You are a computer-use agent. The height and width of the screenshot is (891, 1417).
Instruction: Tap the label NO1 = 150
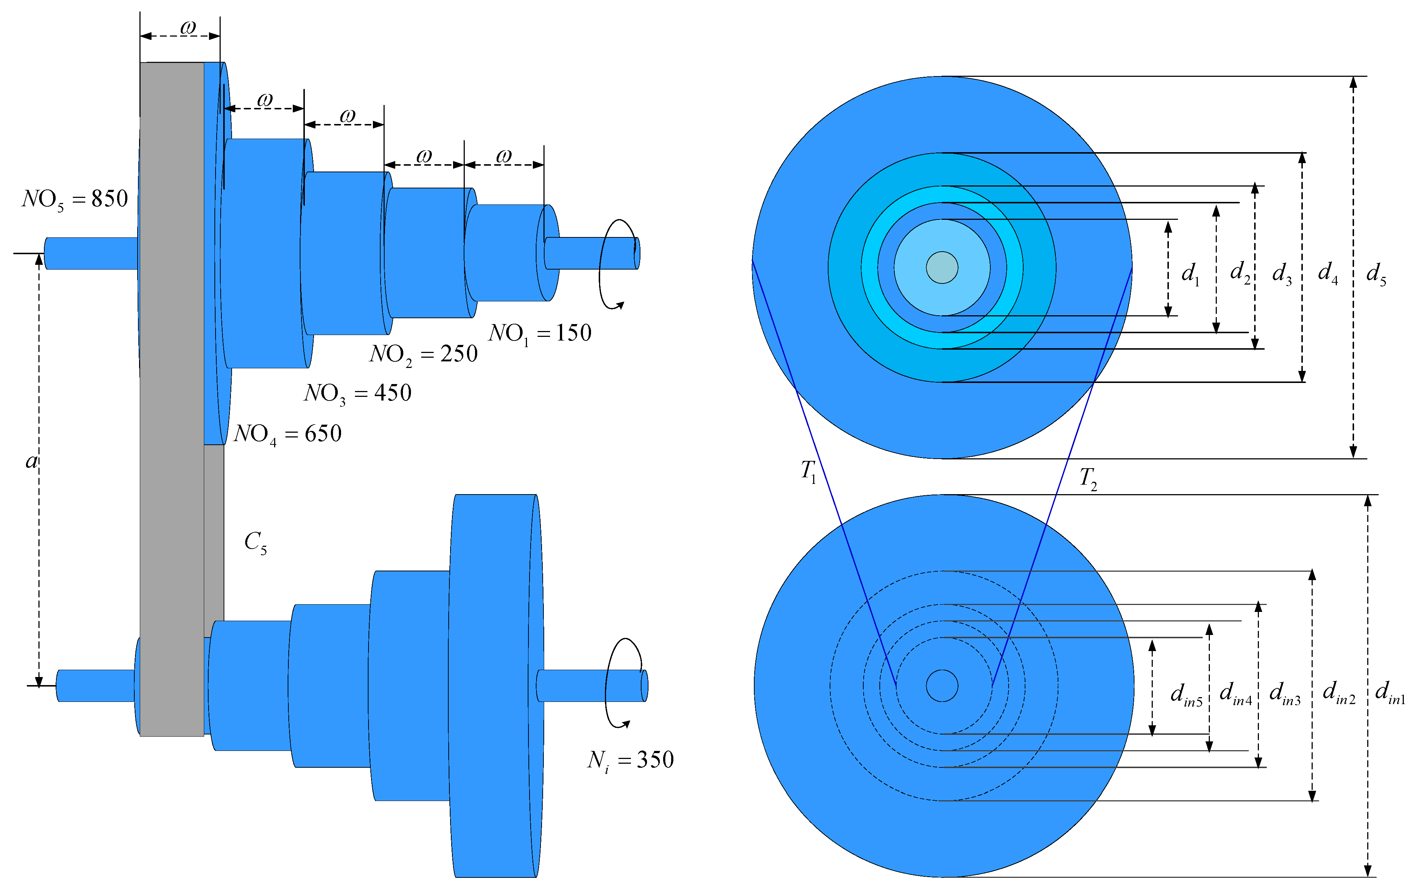(x=540, y=334)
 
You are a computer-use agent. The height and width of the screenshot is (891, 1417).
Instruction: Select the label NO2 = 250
(x=423, y=354)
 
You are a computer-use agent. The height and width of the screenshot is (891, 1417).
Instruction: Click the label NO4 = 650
(x=287, y=434)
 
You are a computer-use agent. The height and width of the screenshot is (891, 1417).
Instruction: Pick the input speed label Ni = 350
(x=630, y=760)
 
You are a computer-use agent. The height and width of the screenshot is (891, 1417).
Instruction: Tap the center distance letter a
(x=31, y=462)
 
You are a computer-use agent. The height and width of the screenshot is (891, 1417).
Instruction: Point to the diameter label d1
(x=1190, y=274)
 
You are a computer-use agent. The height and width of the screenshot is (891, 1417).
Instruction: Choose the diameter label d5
(x=1376, y=274)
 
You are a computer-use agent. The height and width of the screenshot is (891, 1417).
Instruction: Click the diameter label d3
(x=1282, y=274)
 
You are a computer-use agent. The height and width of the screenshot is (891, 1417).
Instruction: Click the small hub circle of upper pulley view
(x=942, y=268)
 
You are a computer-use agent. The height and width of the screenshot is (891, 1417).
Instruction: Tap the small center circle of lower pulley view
(x=942, y=686)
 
